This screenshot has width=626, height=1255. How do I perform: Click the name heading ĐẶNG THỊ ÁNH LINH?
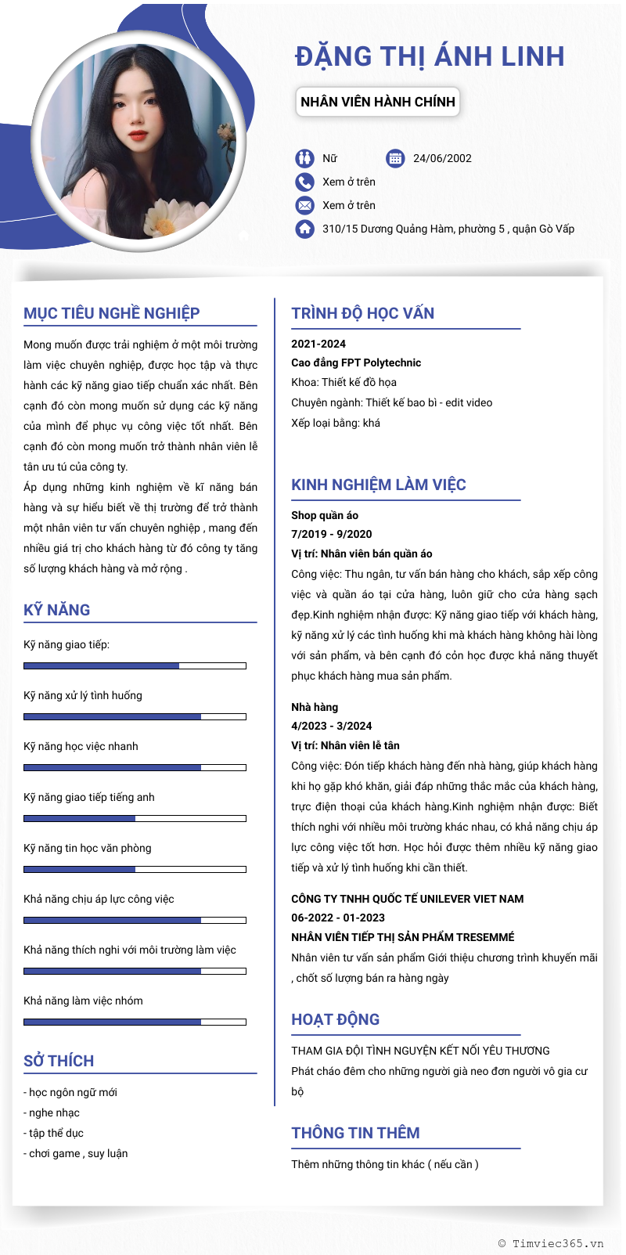coord(430,56)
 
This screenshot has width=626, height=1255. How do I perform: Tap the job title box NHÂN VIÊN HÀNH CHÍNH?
coord(377,102)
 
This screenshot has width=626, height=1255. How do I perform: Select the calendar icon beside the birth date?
coord(395,158)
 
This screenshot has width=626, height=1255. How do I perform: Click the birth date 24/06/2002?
coord(442,158)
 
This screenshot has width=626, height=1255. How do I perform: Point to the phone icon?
coord(304,182)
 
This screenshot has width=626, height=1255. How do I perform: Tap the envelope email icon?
coord(304,205)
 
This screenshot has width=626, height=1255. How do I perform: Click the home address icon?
coord(304,229)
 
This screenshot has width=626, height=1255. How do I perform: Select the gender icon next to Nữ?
coord(304,158)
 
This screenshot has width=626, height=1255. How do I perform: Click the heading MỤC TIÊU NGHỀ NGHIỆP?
coord(112,313)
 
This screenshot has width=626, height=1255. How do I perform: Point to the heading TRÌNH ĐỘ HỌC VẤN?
coord(362,313)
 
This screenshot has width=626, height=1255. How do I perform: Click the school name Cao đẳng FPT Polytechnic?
coord(356,362)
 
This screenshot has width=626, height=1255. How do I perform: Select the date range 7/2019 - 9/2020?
coord(332,534)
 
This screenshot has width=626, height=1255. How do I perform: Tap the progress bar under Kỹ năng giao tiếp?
coord(135,665)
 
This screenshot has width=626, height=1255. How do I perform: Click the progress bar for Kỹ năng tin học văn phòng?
coord(135,869)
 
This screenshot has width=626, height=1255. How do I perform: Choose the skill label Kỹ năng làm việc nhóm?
coord(83,1001)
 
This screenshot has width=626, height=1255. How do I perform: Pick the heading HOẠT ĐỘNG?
coord(335,1019)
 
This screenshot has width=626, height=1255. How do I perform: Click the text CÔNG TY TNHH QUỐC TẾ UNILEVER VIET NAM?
coord(407,899)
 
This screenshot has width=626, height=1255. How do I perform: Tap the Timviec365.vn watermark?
coord(551,1243)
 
